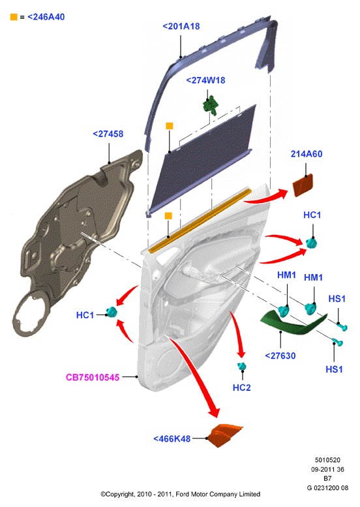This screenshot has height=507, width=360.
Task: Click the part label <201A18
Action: pos(181,26)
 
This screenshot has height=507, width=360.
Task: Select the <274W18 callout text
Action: pos(205,80)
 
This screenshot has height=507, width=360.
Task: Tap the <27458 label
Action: pos(108,134)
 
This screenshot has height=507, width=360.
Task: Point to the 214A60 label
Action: pos(307,154)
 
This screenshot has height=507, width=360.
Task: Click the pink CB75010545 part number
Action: pos(93,377)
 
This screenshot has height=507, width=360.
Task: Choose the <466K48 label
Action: pos(172,438)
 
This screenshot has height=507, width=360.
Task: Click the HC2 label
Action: pos(241,388)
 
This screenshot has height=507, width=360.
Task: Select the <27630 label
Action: pos(280,356)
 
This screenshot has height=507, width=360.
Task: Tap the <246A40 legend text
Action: pos(46,17)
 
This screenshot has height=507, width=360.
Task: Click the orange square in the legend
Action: pos(14,17)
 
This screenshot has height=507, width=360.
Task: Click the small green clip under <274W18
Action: pos(211,105)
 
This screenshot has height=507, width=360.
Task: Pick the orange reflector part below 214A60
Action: pos(303,185)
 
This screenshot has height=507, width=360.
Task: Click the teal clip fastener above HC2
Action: pos(241,367)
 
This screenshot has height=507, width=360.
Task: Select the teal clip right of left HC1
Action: pos(112,312)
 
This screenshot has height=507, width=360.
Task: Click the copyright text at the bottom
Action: pos(180,494)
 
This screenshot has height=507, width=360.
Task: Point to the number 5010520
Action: pos(327,460)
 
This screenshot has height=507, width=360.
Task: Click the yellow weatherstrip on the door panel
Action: pos(200,220)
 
